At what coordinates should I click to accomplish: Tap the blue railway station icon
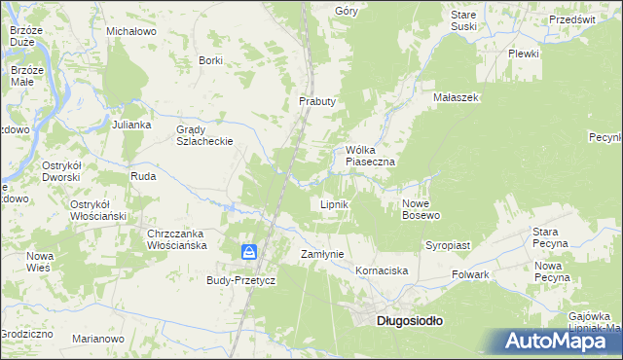click(x=249, y=253)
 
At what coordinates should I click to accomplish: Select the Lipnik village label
click(x=335, y=205)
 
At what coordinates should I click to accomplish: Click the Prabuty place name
click(x=316, y=101)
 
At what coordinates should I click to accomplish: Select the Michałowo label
click(x=131, y=31)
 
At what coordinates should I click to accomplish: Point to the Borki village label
click(x=210, y=60)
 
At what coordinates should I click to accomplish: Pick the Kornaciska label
click(x=381, y=270)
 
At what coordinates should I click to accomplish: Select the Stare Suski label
click(x=463, y=20)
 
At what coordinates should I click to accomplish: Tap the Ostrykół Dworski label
click(x=66, y=172)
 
